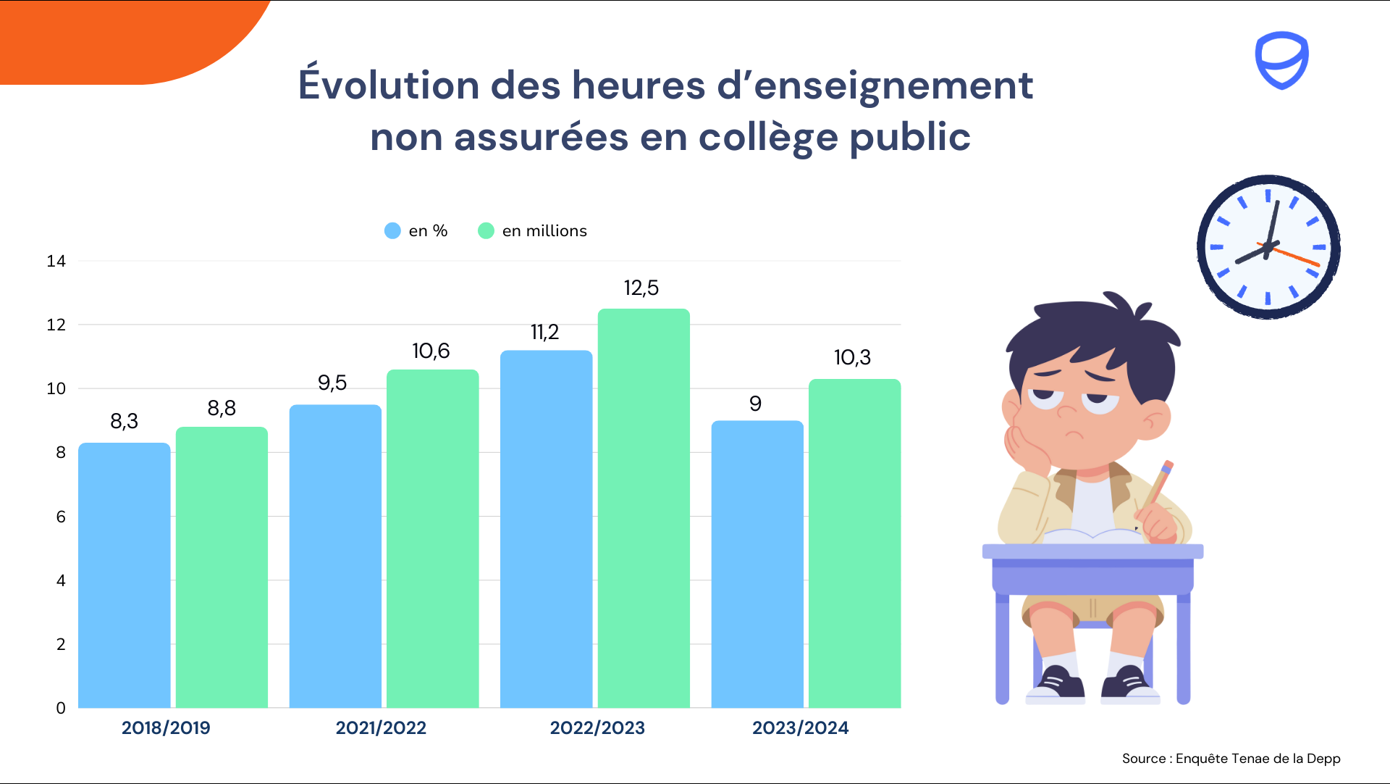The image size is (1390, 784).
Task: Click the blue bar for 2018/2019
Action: click(x=124, y=575)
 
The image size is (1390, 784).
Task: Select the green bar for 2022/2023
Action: click(x=644, y=508)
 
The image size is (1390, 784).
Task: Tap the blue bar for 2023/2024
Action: click(x=757, y=564)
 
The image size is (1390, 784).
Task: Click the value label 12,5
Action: click(x=641, y=288)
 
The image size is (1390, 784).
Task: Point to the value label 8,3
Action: click(x=124, y=421)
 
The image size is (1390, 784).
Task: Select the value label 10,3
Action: click(x=852, y=357)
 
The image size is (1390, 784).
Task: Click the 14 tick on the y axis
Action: click(x=56, y=261)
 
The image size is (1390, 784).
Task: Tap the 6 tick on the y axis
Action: click(x=61, y=517)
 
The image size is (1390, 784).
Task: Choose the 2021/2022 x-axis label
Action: click(x=381, y=727)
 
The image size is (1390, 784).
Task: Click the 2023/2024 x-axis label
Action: click(x=800, y=727)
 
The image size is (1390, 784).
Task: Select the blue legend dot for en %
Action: click(x=392, y=230)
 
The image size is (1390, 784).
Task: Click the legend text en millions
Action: click(x=544, y=230)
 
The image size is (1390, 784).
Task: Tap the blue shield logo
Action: click(x=1281, y=59)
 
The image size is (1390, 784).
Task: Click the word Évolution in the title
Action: click(x=389, y=85)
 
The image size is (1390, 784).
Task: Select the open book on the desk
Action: click(x=1093, y=536)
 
